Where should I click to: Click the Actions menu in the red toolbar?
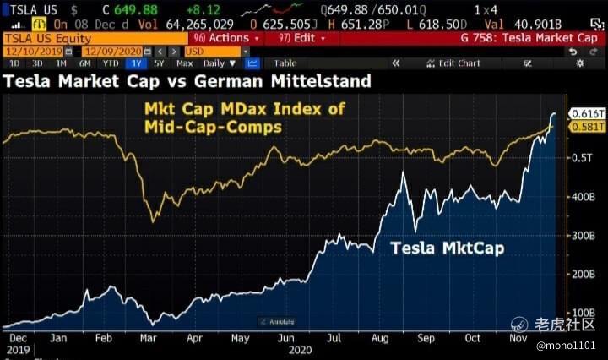click(225, 38)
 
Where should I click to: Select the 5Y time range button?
click(160, 63)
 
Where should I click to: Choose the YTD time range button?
click(110, 63)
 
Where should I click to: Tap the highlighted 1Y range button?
click(136, 63)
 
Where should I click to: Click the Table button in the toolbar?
click(285, 63)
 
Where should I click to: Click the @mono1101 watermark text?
click(566, 346)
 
